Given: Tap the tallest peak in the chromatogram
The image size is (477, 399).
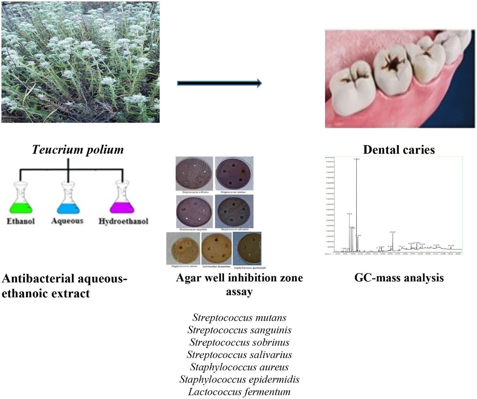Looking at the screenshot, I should pyautogui.click(x=357, y=205).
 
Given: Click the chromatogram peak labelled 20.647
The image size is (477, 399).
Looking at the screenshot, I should pyautogui.click(x=392, y=242).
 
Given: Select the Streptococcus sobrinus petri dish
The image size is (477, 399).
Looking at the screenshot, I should pyautogui.click(x=195, y=174).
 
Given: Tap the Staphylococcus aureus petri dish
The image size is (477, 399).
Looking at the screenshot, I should pyautogui.click(x=183, y=248).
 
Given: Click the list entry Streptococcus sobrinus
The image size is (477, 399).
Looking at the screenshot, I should pyautogui.click(x=239, y=342).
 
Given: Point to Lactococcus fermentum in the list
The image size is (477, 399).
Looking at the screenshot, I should pyautogui.click(x=239, y=392).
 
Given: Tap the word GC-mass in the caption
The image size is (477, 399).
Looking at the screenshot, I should pyautogui.click(x=376, y=278).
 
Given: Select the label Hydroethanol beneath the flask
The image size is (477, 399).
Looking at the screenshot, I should pyautogui.click(x=123, y=221).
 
